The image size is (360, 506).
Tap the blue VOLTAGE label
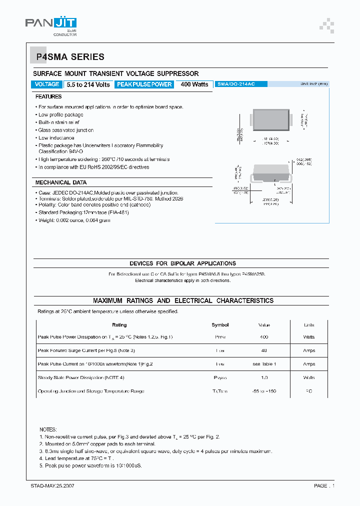(x=47, y=84)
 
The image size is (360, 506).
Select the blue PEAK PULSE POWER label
(x=144, y=84)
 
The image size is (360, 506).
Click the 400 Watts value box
(x=194, y=84)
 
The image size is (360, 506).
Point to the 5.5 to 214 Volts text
(x=88, y=84)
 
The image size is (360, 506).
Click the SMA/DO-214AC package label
(x=236, y=84)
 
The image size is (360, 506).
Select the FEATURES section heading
(x=48, y=96)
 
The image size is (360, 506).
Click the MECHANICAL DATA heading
(x=61, y=182)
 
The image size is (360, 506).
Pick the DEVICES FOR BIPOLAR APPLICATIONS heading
(x=182, y=263)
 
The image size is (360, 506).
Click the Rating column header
(x=119, y=325)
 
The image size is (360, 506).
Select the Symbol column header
(x=220, y=325)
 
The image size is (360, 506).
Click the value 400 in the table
(x=264, y=337)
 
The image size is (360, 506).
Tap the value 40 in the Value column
(x=264, y=350)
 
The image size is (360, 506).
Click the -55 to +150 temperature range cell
(x=264, y=391)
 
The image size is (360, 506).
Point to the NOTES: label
(x=48, y=429)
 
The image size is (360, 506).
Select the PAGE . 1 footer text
(x=324, y=485)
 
